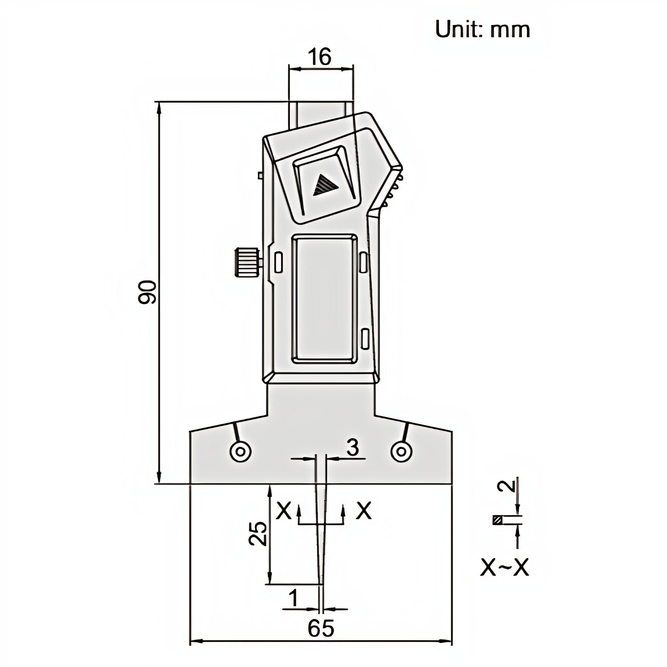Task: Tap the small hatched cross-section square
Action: coord(497,529)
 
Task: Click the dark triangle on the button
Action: coord(324,187)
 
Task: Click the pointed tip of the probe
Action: coord(321,583)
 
